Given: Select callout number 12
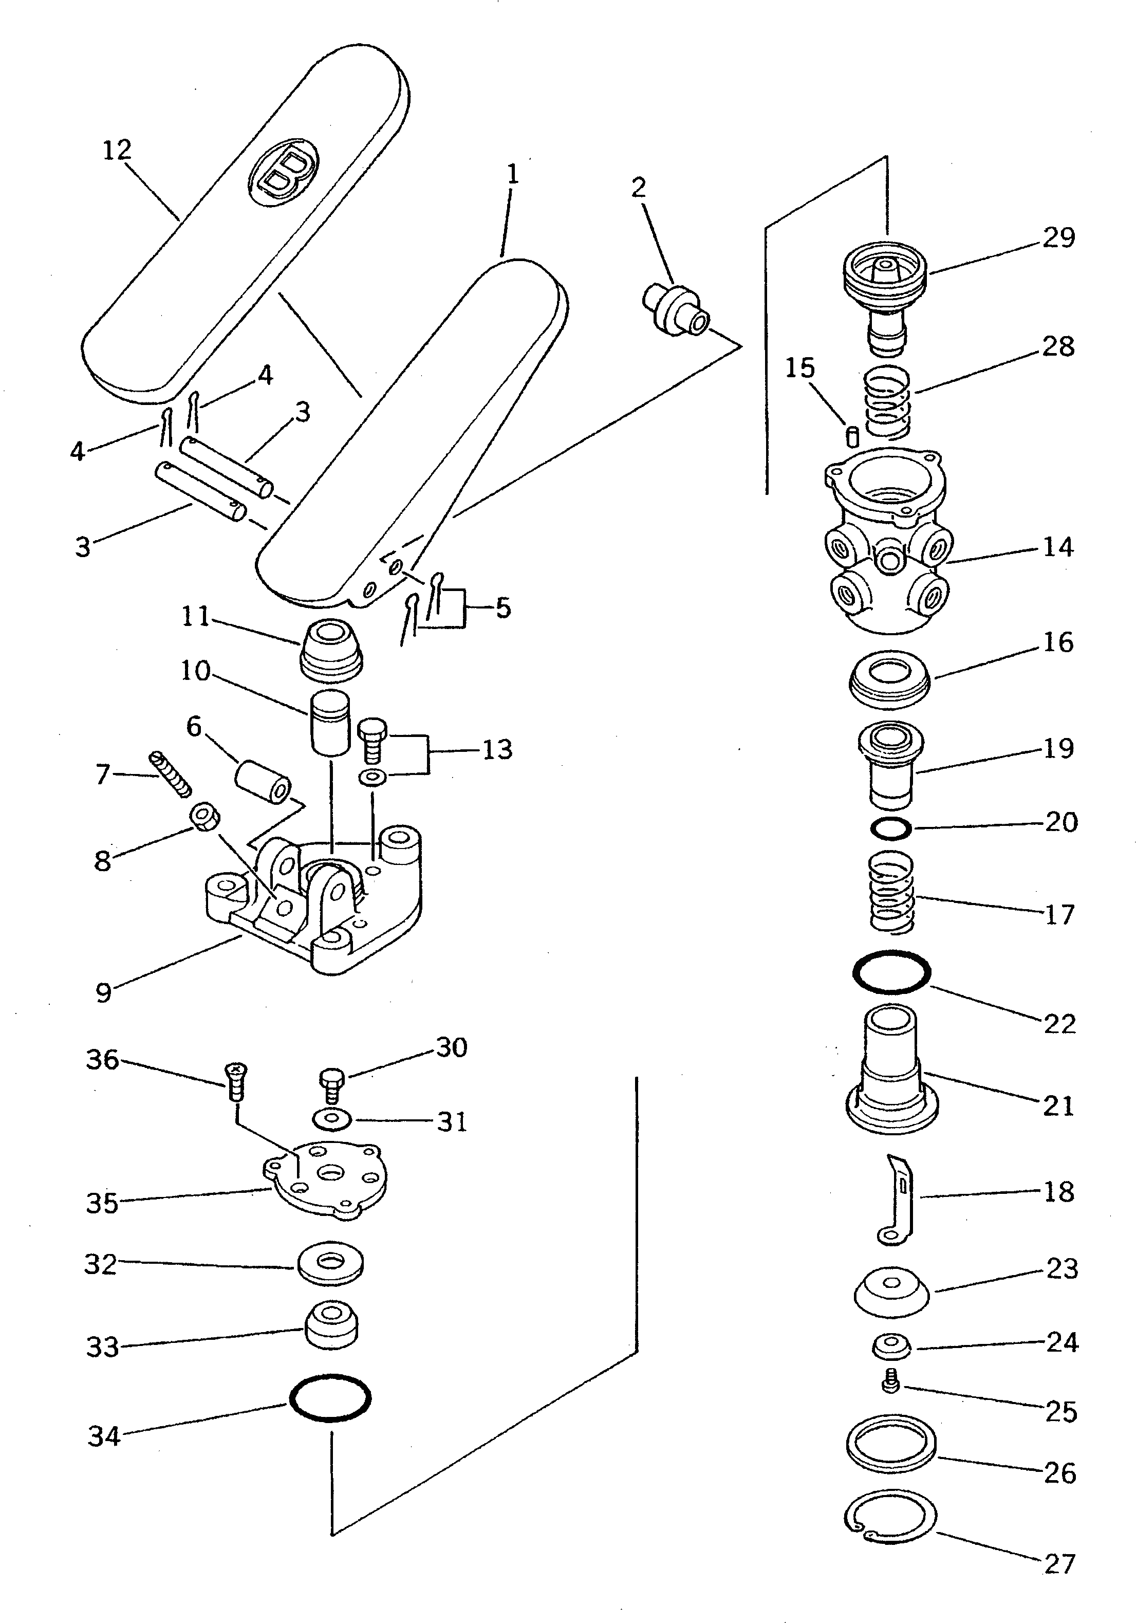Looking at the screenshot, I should (117, 151).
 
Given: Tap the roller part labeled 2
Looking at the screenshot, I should (675, 309).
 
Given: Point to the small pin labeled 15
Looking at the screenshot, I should (852, 435).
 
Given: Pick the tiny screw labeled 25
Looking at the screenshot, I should (891, 1378).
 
